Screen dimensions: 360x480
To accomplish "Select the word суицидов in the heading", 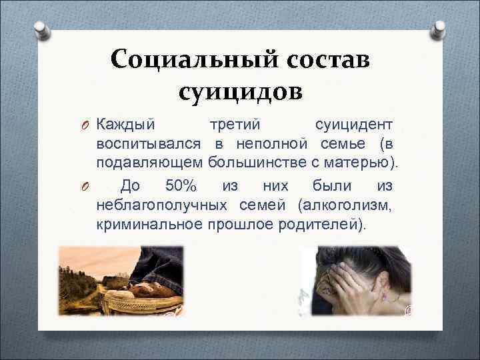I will point(241,90).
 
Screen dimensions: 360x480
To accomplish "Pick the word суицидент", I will point(353,125).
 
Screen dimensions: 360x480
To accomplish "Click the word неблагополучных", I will point(160,203).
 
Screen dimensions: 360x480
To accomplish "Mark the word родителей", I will point(321,223).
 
